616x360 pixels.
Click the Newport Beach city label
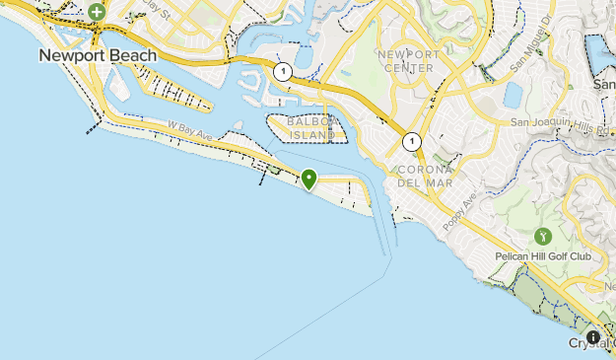point(98,56)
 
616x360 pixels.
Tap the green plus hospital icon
point(97,12)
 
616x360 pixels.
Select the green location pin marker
point(309,179)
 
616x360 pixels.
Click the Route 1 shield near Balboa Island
point(283,72)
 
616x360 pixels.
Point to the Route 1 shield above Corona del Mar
point(411,141)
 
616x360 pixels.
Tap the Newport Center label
point(405,61)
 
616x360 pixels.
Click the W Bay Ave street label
point(190,128)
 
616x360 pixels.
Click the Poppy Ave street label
point(459,211)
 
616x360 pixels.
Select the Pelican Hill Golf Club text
point(543,257)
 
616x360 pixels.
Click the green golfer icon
point(541,237)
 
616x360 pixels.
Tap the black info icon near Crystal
point(592,337)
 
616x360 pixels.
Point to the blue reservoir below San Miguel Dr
point(513,95)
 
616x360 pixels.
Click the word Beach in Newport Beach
point(132,56)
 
